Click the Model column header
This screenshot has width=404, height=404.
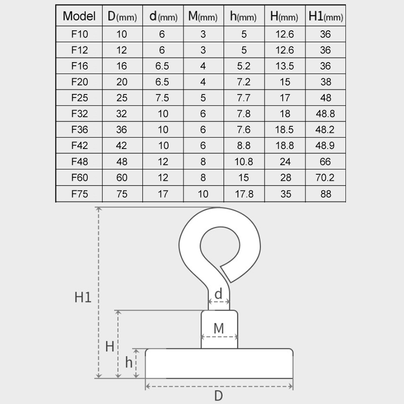pyautogui.click(x=79, y=16)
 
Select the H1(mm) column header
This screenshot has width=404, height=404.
pyautogui.click(x=325, y=16)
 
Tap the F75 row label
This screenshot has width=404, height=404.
pyautogui.click(x=79, y=193)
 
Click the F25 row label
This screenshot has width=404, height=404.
pyautogui.click(x=79, y=96)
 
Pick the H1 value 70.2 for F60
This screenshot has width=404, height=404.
pyautogui.click(x=325, y=177)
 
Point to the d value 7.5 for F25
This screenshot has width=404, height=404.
pyautogui.click(x=163, y=96)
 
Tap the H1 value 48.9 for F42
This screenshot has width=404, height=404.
pyautogui.click(x=325, y=145)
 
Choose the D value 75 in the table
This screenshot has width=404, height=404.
pyautogui.click(x=122, y=193)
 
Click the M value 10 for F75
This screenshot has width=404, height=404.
pyautogui.click(x=203, y=193)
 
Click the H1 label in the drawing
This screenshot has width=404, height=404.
pyautogui.click(x=83, y=297)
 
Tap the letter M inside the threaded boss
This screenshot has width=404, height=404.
pyautogui.click(x=219, y=328)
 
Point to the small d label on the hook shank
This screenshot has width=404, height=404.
pyautogui.click(x=219, y=294)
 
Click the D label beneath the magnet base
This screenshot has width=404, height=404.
pyautogui.click(x=219, y=395)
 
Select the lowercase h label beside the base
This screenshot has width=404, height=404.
pyautogui.click(x=129, y=362)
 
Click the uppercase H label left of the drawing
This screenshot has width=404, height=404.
pyautogui.click(x=109, y=346)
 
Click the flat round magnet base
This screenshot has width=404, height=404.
pyautogui.click(x=219, y=364)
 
